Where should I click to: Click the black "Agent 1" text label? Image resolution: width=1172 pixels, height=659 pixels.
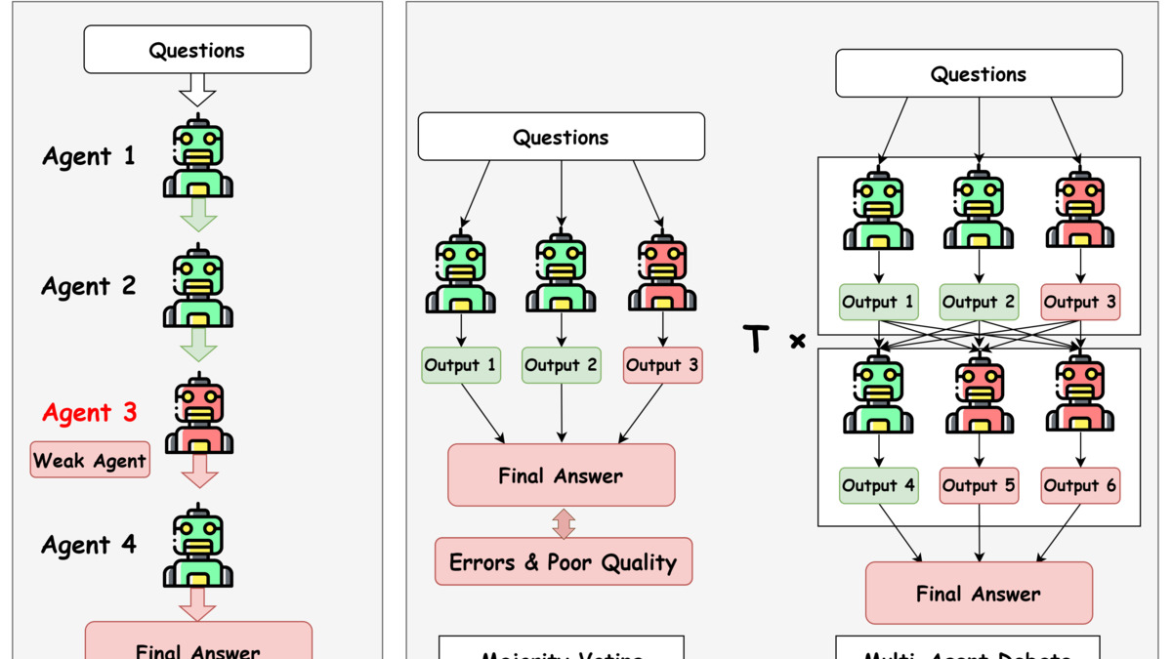pos(89,156)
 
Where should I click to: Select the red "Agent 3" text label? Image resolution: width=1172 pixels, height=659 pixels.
pos(89,413)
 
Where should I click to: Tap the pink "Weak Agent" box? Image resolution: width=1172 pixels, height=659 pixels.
pos(90,460)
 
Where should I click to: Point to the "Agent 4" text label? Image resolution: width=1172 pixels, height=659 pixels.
pos(89,545)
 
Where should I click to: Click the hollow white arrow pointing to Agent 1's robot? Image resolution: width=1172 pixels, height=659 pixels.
pos(198,93)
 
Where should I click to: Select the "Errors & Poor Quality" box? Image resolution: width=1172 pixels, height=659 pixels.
pos(563,562)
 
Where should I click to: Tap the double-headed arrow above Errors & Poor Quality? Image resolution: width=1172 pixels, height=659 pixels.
pos(563,522)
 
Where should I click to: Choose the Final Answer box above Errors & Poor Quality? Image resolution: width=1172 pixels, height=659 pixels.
pos(561,475)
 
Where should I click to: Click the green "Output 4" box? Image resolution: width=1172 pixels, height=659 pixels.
pos(878,485)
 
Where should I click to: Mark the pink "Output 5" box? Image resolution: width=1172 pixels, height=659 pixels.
pos(979,485)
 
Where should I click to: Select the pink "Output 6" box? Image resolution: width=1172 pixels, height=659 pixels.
pos(1080,485)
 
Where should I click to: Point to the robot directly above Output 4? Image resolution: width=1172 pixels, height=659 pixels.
pos(878,395)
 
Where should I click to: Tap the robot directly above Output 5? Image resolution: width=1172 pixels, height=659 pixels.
pos(979,395)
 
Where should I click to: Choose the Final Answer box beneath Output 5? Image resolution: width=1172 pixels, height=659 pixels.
pos(979,594)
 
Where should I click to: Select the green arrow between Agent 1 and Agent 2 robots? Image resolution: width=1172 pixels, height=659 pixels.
pos(198,215)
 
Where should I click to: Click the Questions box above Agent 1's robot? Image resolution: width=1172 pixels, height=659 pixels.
pos(197,50)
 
